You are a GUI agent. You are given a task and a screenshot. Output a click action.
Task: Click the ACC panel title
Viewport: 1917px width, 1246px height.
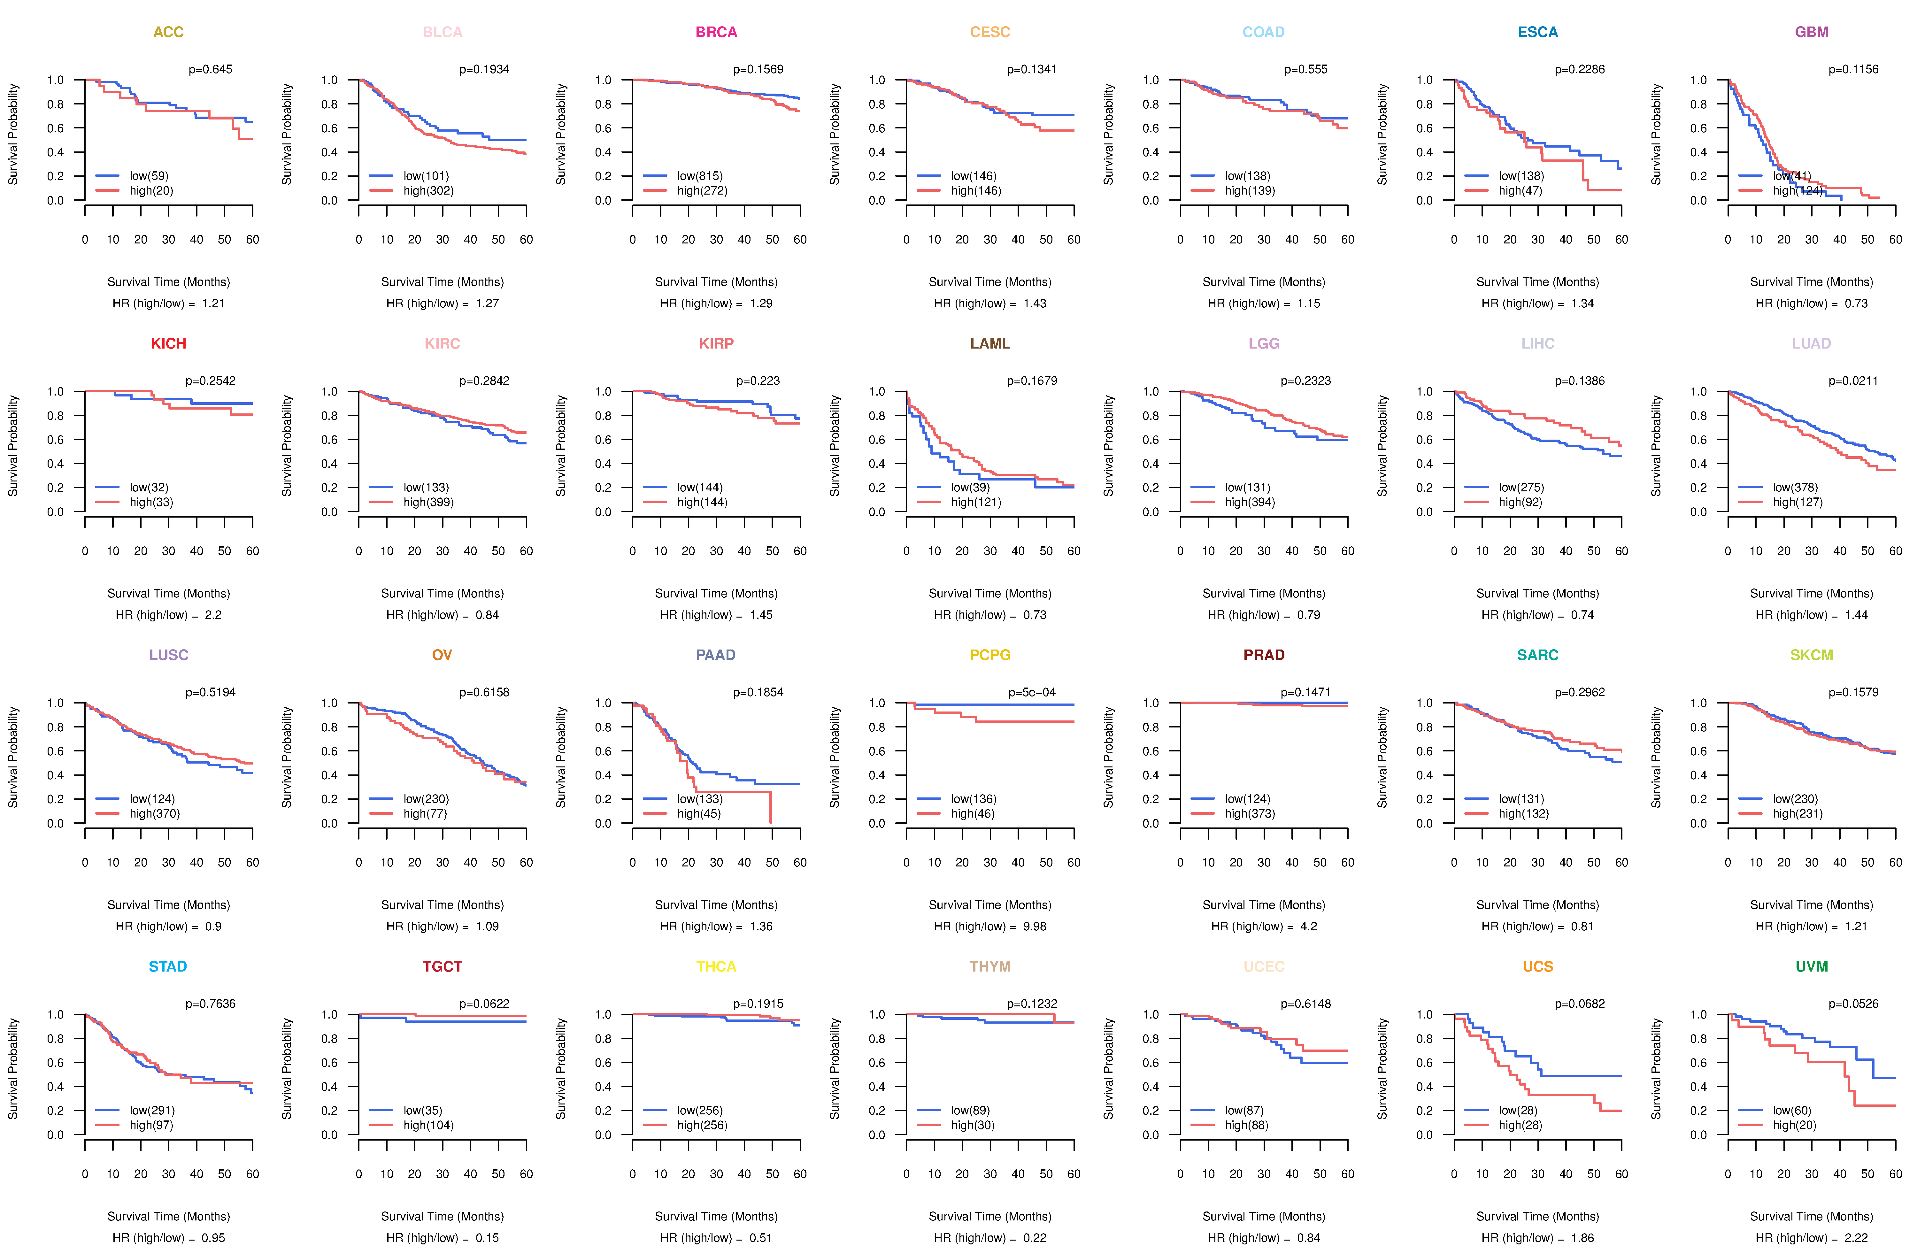coord(168,32)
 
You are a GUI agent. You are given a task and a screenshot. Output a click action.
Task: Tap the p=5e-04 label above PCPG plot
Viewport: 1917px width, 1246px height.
coord(1032,693)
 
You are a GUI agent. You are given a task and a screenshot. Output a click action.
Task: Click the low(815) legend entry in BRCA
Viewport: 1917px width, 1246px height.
coord(699,176)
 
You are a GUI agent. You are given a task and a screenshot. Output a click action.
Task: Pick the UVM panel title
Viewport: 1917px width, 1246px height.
coord(1812,966)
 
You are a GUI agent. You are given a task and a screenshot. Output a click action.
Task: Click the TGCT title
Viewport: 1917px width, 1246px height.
coord(442,966)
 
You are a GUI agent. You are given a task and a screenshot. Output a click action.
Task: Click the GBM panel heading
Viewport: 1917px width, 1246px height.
coord(1812,32)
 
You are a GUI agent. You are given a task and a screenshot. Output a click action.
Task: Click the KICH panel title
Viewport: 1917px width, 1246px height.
coord(168,344)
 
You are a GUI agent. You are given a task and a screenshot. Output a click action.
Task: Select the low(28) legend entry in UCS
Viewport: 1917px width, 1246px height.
coord(1518,1111)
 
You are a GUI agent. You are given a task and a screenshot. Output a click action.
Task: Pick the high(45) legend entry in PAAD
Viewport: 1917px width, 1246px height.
coord(698,813)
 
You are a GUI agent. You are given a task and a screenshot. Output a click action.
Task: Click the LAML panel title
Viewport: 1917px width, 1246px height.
coord(990,344)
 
